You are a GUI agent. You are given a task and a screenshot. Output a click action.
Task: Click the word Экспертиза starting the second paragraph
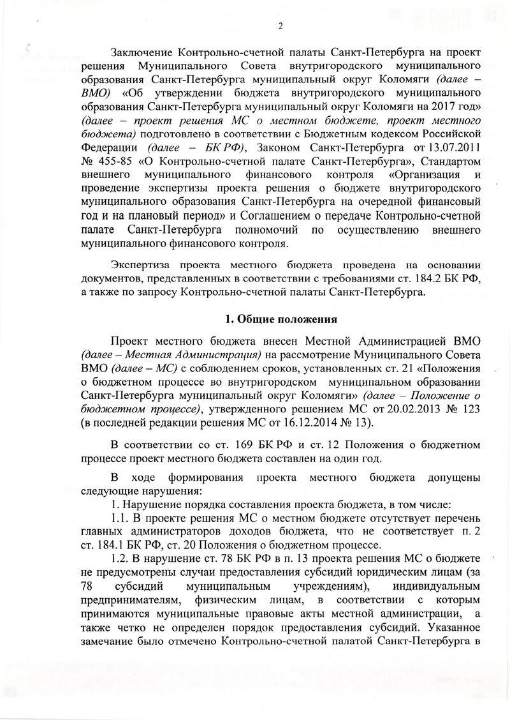tap(142, 265)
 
